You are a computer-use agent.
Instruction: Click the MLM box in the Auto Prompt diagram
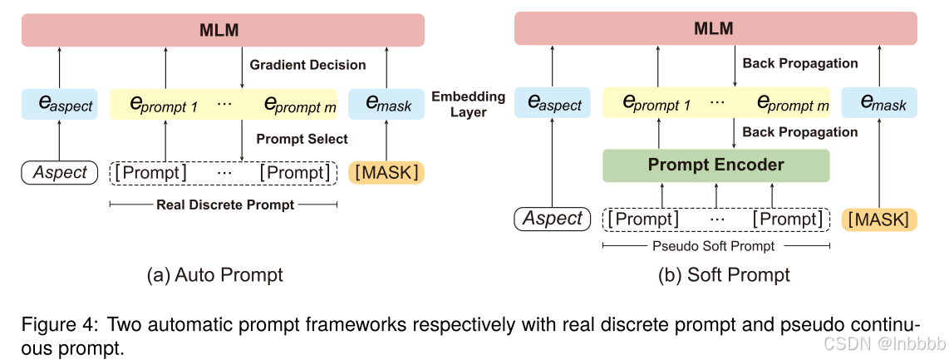219,31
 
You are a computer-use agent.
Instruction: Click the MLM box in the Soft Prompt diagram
715,29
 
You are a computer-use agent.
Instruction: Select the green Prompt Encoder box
715,165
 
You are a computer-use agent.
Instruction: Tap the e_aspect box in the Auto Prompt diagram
59,104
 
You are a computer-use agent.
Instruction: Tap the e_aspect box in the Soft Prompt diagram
553,104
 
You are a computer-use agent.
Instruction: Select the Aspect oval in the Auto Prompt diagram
59,172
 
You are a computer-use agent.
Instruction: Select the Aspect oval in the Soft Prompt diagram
553,219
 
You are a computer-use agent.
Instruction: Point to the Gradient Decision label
308,64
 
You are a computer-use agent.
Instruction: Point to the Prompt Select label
302,138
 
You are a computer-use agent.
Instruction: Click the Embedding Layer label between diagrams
468,104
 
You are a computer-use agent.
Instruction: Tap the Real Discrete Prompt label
225,205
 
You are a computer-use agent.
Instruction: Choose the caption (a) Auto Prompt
215,275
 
